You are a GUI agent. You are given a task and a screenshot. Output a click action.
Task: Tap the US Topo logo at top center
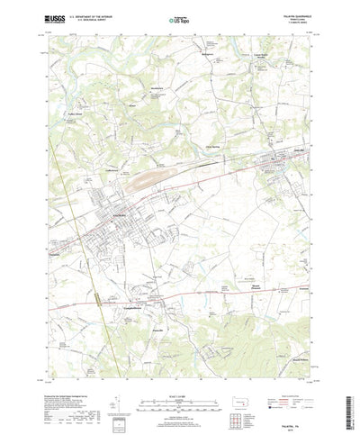coord(180,19)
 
